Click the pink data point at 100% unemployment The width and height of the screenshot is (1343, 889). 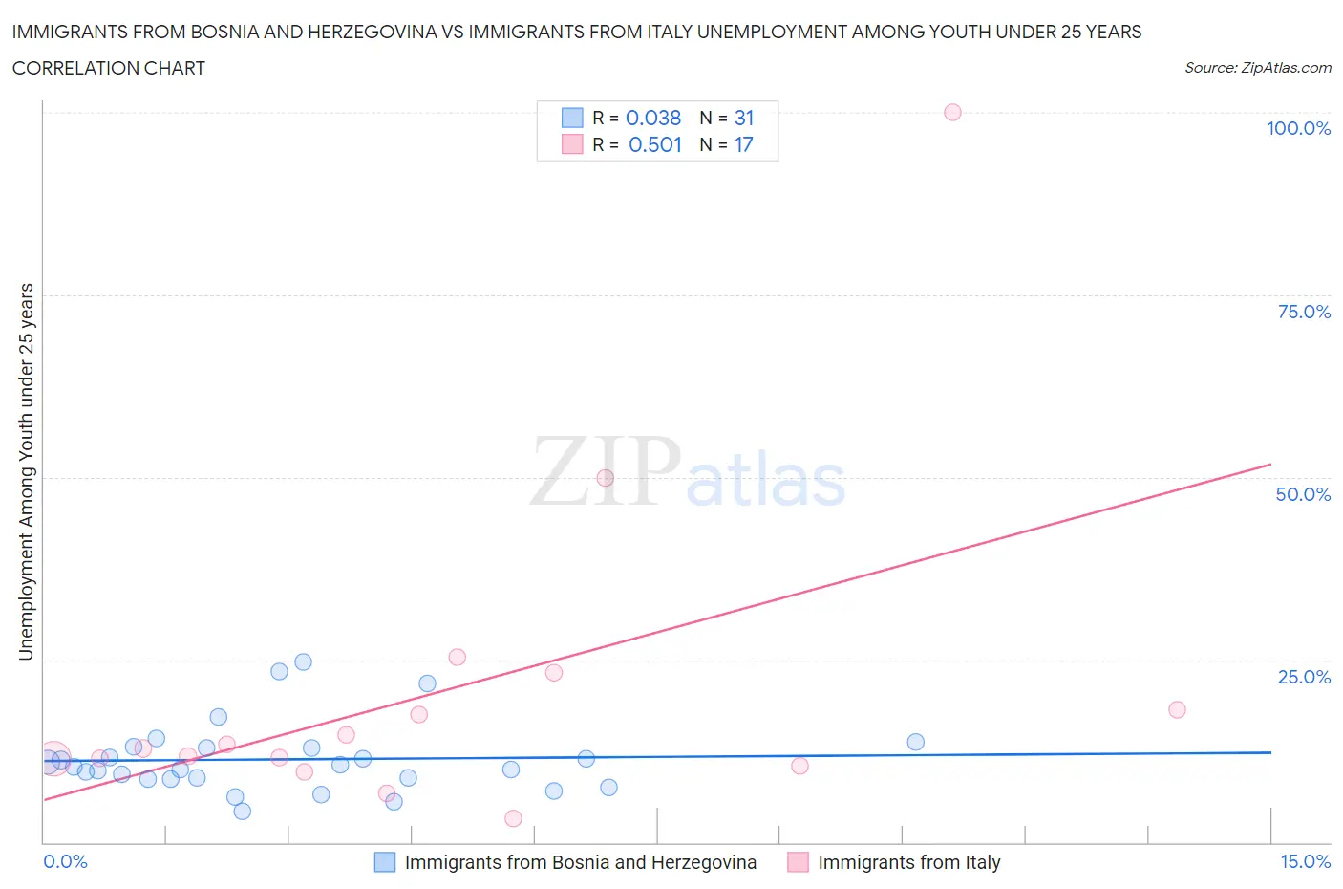952,112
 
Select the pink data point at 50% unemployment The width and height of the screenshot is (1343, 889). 605,478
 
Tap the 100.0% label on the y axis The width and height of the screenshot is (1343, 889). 1298,128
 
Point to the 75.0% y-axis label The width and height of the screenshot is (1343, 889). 1304,312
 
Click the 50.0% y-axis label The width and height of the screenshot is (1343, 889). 1303,494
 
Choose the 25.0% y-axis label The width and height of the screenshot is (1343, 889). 1304,677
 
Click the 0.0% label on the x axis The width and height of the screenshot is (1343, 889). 66,861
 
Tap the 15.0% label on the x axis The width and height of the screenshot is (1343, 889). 1305,861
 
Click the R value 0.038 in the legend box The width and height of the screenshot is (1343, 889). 653,118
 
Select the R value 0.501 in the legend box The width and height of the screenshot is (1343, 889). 655,144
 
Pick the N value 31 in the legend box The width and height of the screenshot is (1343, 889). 744,118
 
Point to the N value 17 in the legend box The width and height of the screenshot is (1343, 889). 743,144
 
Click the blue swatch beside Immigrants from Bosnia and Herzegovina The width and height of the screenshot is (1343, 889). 385,862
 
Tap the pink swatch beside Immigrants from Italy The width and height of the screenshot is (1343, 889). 798,862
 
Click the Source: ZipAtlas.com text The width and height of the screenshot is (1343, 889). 1257,68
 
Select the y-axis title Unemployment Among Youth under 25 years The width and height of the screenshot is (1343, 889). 27,471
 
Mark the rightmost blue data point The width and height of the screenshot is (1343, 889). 915,742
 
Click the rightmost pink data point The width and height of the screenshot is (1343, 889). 1177,709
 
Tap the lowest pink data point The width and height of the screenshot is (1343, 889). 513,818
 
